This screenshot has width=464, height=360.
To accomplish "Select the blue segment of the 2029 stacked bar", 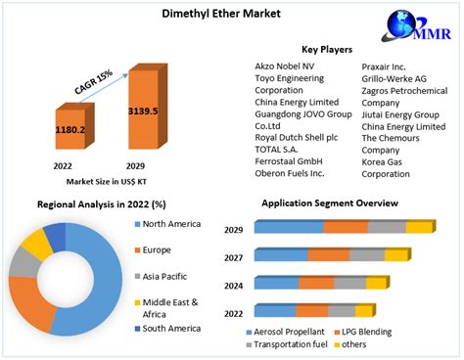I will [290, 227].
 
